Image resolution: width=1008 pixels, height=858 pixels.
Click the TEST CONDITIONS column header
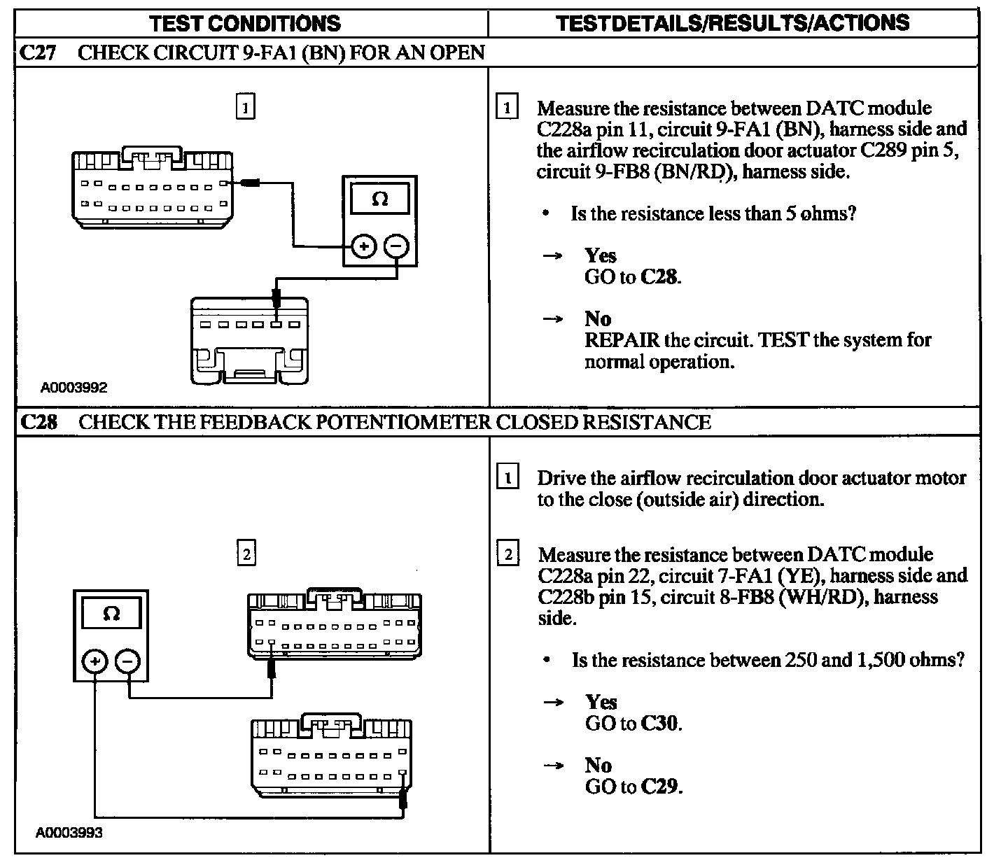(245, 23)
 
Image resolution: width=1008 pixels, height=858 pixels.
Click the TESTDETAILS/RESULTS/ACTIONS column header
(733, 23)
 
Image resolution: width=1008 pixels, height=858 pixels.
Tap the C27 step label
(38, 52)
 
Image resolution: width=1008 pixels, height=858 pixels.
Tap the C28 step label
(38, 422)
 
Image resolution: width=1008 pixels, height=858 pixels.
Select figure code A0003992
(73, 387)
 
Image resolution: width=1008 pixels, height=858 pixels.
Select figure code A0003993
(69, 833)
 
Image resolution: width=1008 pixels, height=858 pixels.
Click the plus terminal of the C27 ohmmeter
(363, 246)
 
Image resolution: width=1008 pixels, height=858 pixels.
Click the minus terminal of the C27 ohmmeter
(396, 246)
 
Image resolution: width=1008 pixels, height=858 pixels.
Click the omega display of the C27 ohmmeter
(379, 199)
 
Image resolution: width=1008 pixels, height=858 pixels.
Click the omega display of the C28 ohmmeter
(111, 614)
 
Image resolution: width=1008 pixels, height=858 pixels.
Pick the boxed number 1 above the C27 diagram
(245, 108)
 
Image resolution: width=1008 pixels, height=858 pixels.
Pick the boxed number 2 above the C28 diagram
(246, 554)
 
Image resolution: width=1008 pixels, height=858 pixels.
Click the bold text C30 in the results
(660, 723)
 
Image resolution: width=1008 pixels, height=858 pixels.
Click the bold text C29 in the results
(660, 787)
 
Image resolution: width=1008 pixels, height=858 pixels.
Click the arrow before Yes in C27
(553, 256)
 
